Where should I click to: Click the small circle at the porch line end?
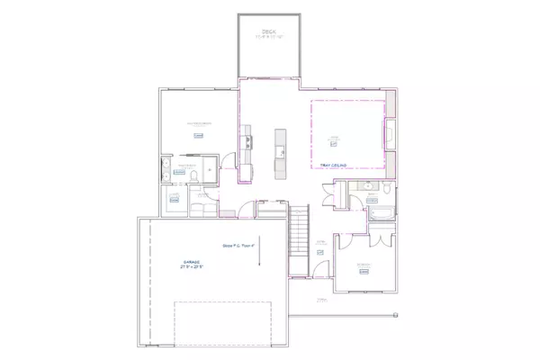[394, 314]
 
